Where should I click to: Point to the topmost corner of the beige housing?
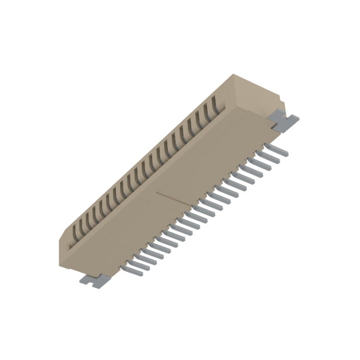234,74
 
